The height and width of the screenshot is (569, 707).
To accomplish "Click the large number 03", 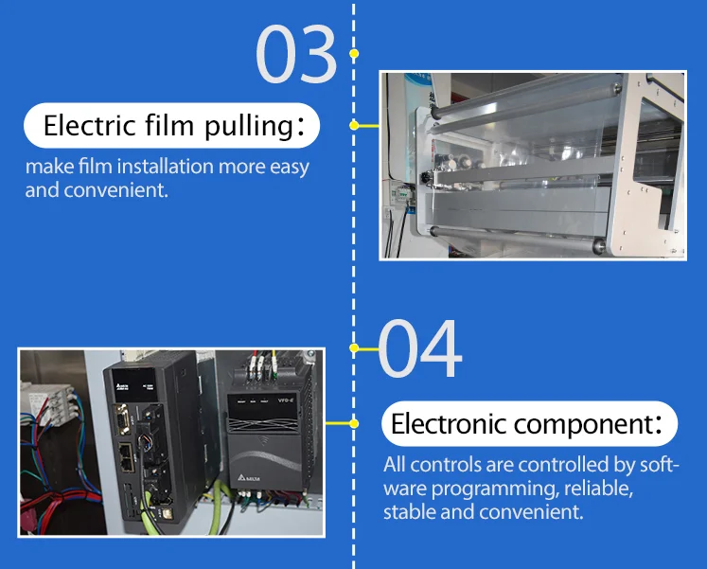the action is pyautogui.click(x=295, y=55).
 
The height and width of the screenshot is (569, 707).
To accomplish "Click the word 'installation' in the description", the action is pyautogui.click(x=167, y=168).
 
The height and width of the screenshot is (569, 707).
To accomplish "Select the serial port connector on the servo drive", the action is pyautogui.click(x=124, y=417).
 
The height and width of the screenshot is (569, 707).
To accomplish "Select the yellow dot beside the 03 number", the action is pyautogui.click(x=354, y=54).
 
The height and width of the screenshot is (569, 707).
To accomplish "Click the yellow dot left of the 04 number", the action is pyautogui.click(x=354, y=348).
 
